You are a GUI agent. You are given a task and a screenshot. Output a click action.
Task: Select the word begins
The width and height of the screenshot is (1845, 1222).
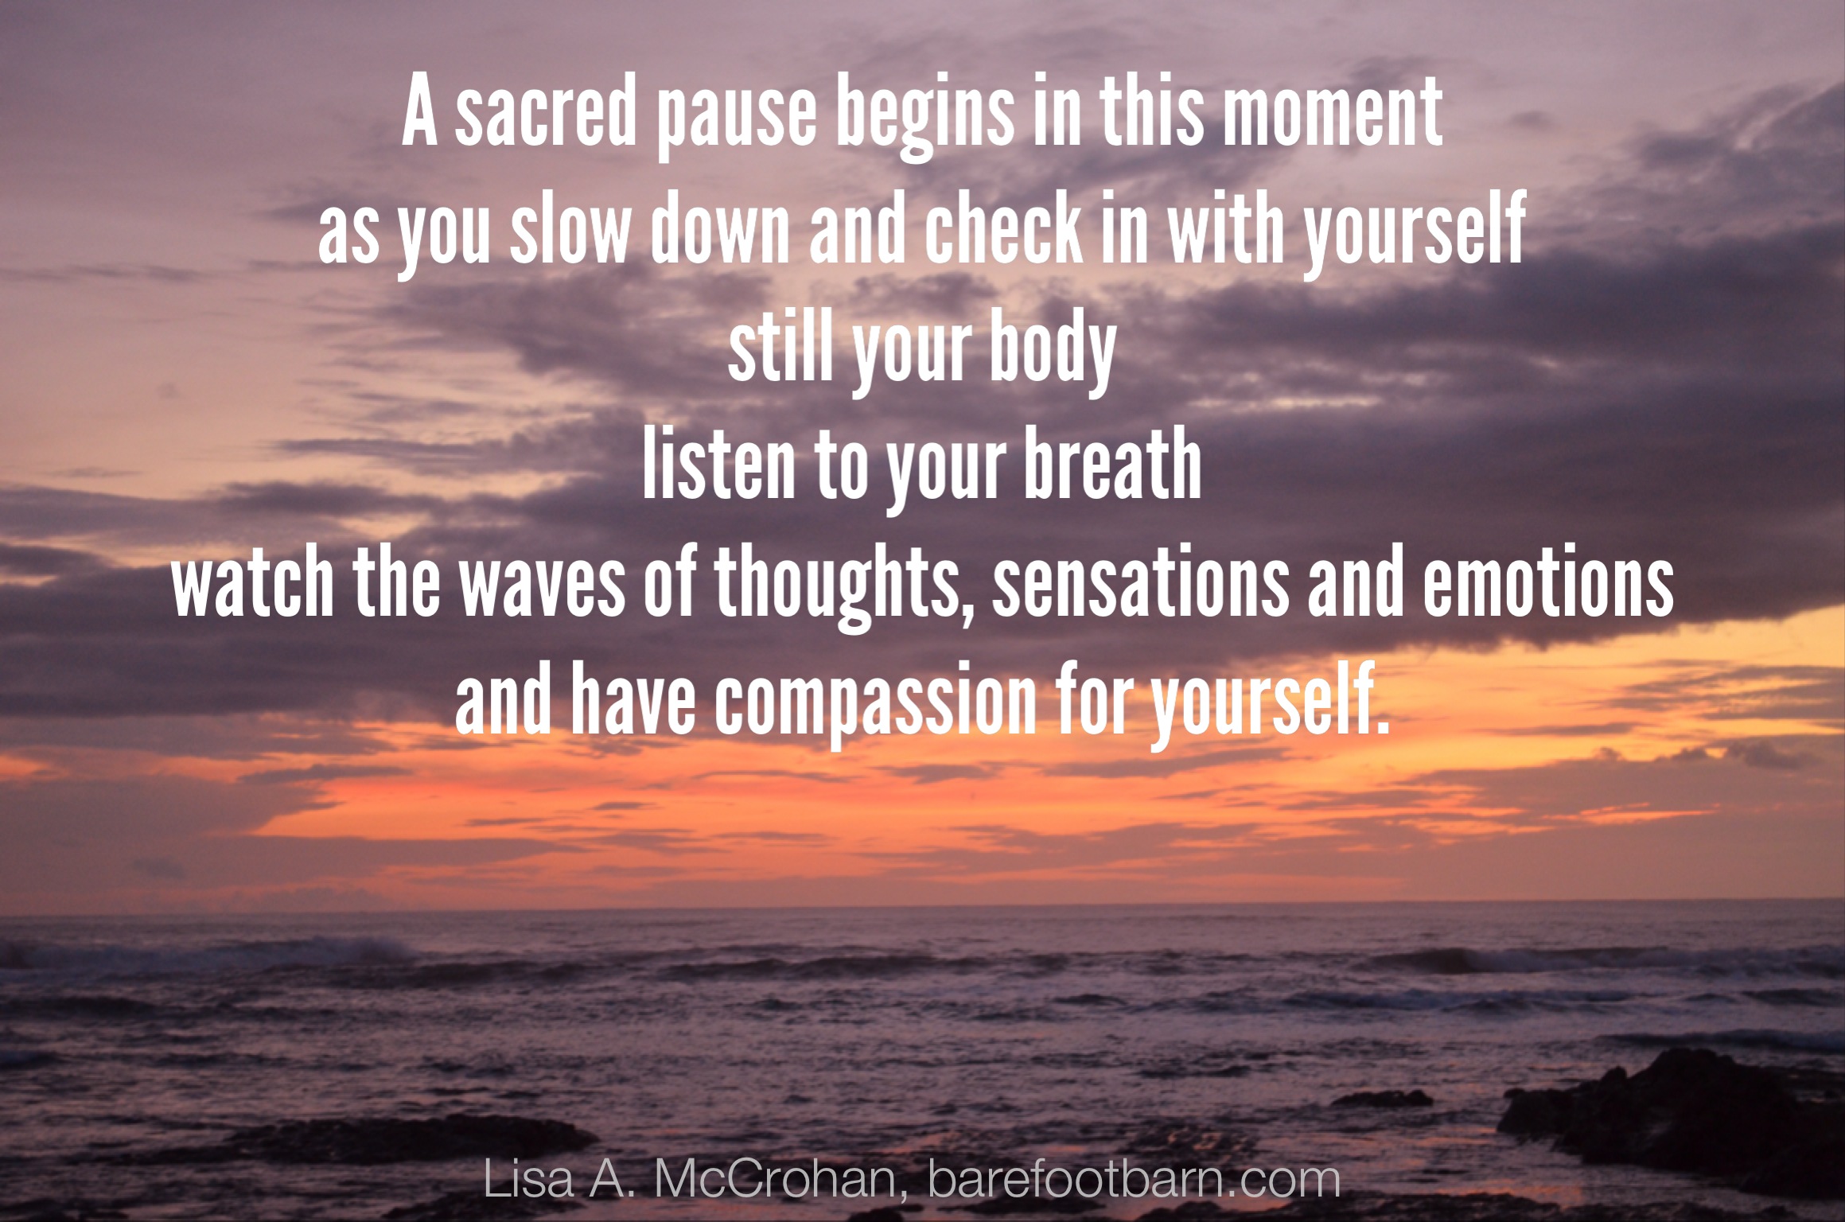pos(924,119)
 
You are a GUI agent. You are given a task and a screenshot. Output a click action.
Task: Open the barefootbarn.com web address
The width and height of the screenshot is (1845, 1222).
pos(1135,1180)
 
